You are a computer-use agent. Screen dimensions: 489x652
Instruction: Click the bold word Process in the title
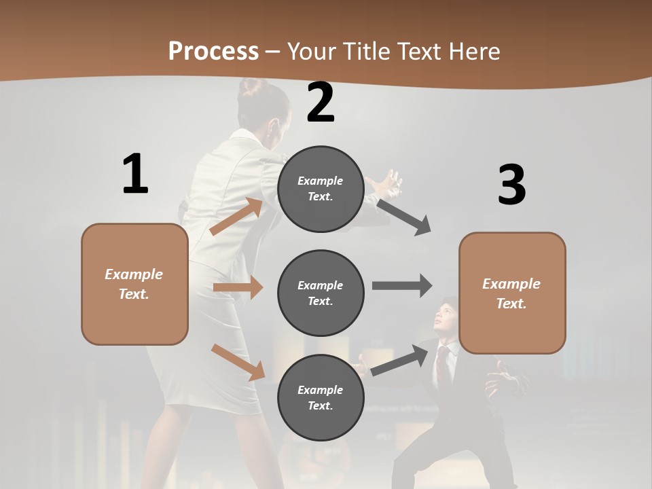pos(213,52)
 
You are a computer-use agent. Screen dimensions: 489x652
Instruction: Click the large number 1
pos(135,174)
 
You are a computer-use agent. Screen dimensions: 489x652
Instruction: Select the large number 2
pos(321,103)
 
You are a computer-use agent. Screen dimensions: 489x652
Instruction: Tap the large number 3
pos(511,185)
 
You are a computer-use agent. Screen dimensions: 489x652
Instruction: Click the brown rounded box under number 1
pos(134,284)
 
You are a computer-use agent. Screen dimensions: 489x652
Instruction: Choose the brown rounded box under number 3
pos(512,293)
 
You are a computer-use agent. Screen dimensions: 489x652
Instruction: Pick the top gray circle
pos(321,189)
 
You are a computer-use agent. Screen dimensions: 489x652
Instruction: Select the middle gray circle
pos(321,293)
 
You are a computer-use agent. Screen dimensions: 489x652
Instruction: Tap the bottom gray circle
pos(321,398)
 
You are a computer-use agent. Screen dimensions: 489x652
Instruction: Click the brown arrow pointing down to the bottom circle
pos(238,362)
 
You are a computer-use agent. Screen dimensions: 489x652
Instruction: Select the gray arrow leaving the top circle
pos(404,217)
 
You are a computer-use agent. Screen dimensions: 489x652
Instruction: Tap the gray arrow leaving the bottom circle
pos(401,360)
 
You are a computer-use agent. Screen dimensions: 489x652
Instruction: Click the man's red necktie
pos(443,363)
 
